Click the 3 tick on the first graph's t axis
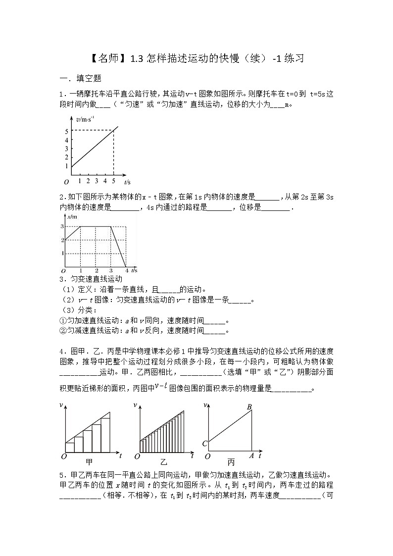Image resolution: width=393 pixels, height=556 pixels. pyautogui.click(x=97, y=181)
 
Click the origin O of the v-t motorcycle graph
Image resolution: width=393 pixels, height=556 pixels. pyautogui.click(x=66, y=182)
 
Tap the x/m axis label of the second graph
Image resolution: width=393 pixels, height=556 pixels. pyautogui.click(x=73, y=217)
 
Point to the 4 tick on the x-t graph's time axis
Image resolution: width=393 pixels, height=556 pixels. pyautogui.click(x=126, y=271)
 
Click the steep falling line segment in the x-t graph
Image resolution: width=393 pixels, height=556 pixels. pyautogui.click(x=118, y=247)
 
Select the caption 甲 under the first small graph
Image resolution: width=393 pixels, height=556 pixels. pyautogui.click(x=89, y=462)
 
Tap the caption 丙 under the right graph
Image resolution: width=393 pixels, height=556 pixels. pyautogui.click(x=231, y=462)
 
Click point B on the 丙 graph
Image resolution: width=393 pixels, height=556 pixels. pyautogui.click(x=249, y=407)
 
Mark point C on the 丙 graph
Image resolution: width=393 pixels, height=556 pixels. pyautogui.click(x=204, y=443)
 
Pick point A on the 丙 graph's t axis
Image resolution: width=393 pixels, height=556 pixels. pyautogui.click(x=251, y=456)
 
